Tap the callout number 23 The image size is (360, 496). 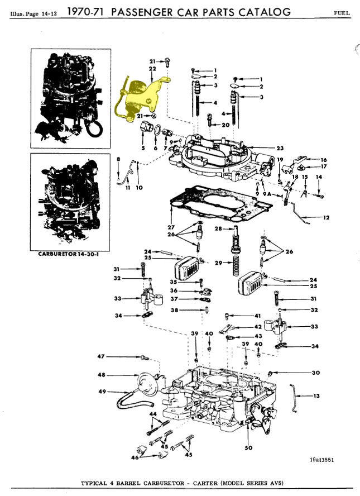pyautogui.click(x=280, y=148)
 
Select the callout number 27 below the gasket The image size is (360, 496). pyautogui.click(x=171, y=227)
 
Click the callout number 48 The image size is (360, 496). pyautogui.click(x=102, y=375)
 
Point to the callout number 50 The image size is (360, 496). pyautogui.click(x=248, y=447)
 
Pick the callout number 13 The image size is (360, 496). pyautogui.click(x=316, y=395)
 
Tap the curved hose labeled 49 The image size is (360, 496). pyautogui.click(x=133, y=399)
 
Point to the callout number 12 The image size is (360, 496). pyautogui.click(x=326, y=217)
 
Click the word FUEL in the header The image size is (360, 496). pyautogui.click(x=342, y=13)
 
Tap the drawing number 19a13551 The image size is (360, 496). pyautogui.click(x=321, y=459)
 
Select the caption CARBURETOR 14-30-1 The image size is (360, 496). pyautogui.click(x=68, y=254)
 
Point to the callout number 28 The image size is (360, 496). pyautogui.click(x=218, y=228)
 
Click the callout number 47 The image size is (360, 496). pyautogui.click(x=100, y=356)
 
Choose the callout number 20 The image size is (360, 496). pyautogui.click(x=225, y=125)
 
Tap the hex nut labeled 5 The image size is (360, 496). pyautogui.click(x=146, y=127)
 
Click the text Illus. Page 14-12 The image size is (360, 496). pyautogui.click(x=33, y=14)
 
